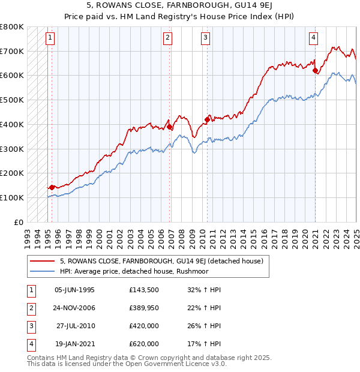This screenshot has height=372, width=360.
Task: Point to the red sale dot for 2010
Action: click(207, 119)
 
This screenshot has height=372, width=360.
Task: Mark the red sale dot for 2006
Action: click(170, 127)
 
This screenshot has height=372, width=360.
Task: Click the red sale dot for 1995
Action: click(52, 187)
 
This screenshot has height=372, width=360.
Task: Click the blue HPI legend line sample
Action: click(43, 271)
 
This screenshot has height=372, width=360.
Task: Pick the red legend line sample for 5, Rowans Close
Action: click(43, 261)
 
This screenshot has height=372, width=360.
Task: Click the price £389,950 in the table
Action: click(144, 308)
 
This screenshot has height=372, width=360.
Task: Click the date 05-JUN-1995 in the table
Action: click(74, 290)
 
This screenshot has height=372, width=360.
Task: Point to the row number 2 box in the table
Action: click(29, 308)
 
